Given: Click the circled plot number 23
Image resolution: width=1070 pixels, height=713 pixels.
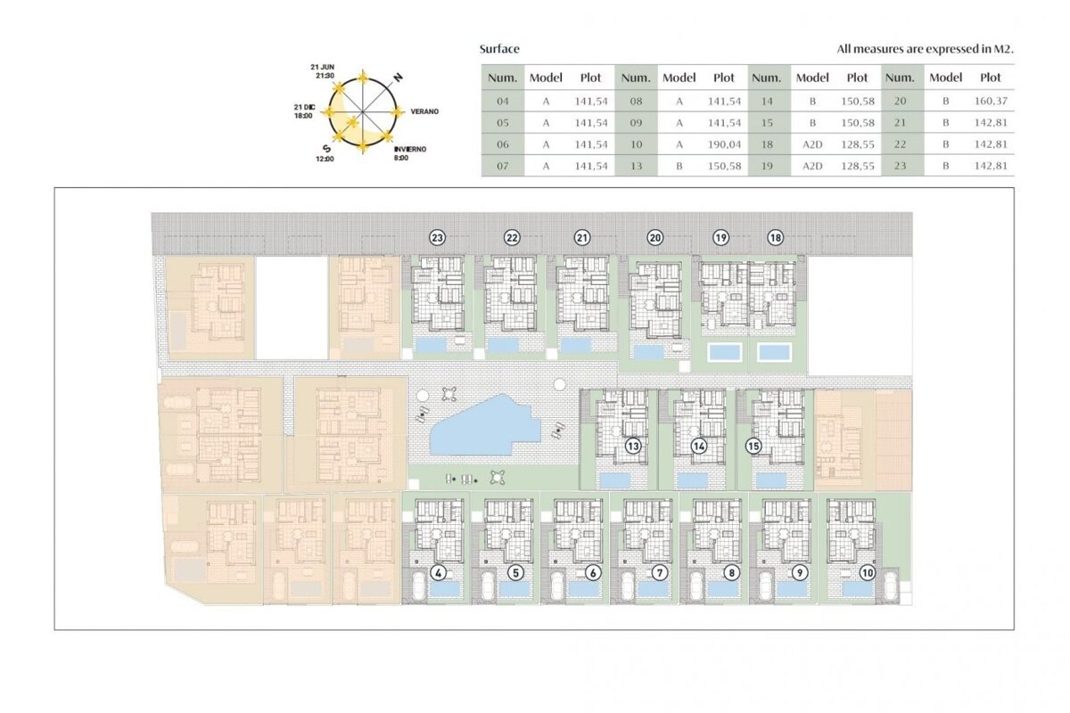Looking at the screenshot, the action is pos(437,237).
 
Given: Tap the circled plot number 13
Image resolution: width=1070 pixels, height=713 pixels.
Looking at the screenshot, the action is pos(633,446).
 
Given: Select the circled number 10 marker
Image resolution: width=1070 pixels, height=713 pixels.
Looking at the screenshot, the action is pos(867,572).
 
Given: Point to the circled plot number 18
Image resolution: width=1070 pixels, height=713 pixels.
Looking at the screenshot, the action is pos(775,237).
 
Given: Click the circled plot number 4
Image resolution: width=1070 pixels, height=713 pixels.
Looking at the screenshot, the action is pos(438,572).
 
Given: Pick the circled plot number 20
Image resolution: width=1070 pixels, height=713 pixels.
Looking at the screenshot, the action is pos(654,237).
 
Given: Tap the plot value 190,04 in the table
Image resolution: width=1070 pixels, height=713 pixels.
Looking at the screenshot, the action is pos(724,144).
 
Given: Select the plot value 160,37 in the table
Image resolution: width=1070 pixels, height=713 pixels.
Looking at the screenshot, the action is pos(991,101).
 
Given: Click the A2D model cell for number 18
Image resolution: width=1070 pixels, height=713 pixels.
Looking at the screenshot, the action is pos(812,144).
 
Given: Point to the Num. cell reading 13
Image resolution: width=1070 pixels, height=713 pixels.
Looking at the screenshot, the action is pos(636,166).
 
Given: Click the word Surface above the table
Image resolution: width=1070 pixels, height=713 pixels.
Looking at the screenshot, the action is pos(499,49).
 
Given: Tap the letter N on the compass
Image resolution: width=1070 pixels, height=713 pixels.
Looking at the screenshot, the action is pos(398,77).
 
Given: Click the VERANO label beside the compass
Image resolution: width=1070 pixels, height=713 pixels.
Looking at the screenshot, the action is pos(424,111).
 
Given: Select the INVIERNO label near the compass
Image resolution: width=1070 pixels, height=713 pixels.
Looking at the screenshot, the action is pos(410,149).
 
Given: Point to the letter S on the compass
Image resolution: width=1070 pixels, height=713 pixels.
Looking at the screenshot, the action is pos(326,149).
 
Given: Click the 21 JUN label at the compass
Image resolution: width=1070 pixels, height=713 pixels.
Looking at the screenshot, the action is pos(323,67).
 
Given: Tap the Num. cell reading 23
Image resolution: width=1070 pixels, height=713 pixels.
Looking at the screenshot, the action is pos(900,166).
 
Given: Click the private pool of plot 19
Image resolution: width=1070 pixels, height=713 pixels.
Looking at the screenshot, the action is pos(725,352).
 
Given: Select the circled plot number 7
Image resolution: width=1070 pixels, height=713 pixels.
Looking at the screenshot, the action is pos(660,572).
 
